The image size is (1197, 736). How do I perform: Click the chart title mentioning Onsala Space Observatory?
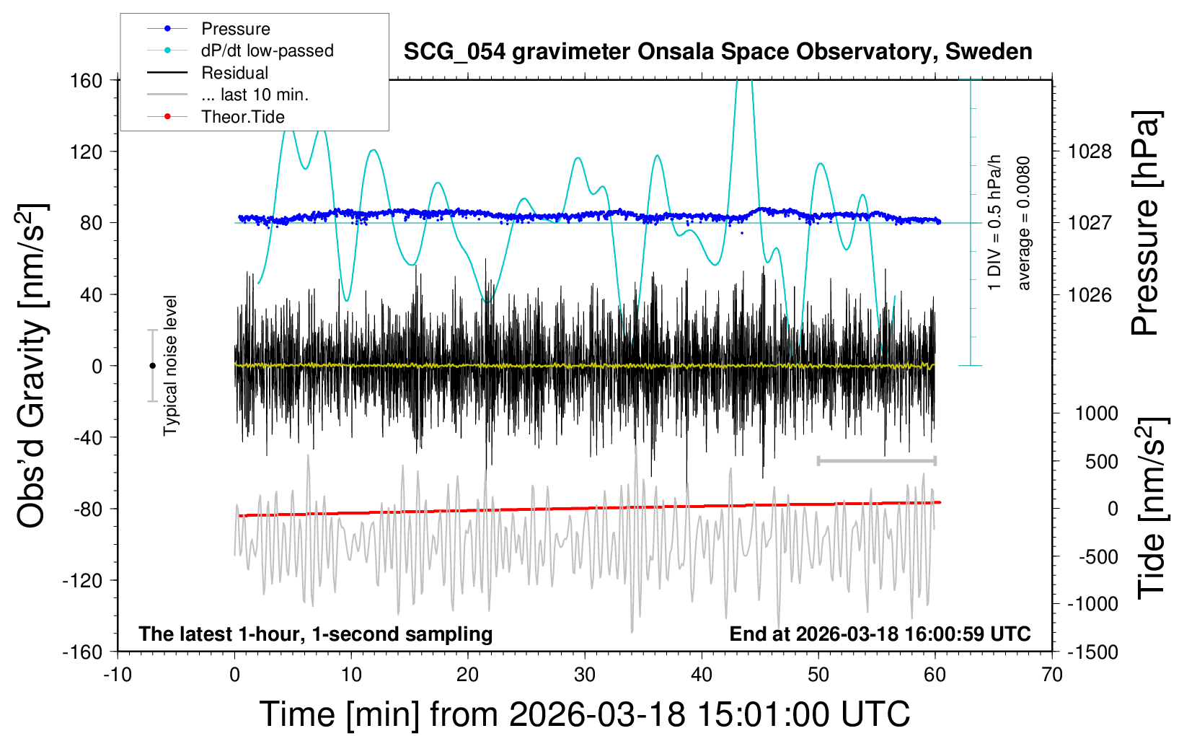click(717, 52)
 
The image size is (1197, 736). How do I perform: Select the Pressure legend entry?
click(235, 29)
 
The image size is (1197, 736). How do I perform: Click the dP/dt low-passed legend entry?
click(267, 51)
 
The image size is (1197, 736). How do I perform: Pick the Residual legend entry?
click(234, 73)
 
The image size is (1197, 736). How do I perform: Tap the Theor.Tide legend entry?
click(242, 117)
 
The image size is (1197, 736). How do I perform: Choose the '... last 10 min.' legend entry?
click(255, 95)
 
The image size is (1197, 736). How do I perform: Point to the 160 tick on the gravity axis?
click(87, 80)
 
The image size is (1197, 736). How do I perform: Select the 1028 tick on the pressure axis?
click(1090, 152)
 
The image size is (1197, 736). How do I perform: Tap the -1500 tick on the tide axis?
click(1092, 652)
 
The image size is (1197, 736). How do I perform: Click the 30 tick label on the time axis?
click(585, 675)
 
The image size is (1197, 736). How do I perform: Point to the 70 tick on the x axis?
click(1052, 675)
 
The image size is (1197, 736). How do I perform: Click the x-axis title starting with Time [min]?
click(585, 714)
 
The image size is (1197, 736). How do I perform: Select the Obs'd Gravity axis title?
click(32, 366)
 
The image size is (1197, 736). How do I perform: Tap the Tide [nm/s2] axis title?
click(1152, 509)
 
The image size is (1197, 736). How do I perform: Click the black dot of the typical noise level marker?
click(152, 366)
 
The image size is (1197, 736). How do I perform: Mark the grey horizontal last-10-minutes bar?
click(876, 460)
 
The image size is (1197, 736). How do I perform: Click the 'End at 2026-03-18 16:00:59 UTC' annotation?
click(880, 634)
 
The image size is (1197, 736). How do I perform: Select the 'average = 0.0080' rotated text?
click(1024, 223)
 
